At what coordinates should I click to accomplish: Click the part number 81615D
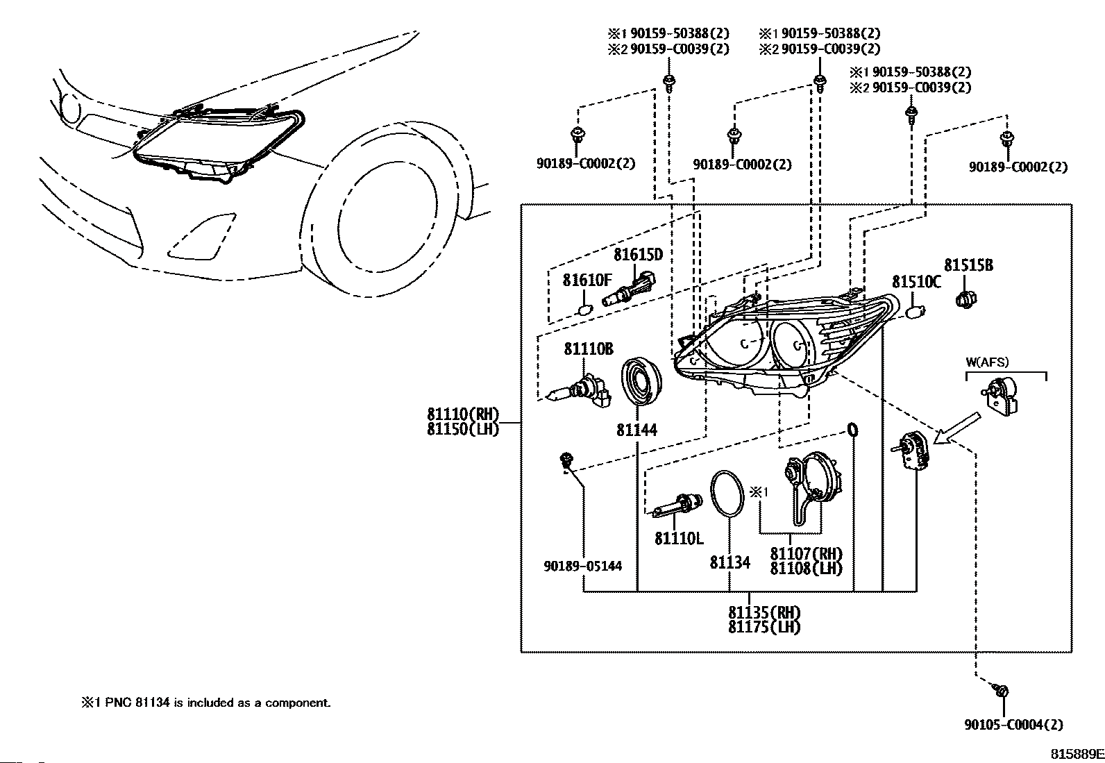point(638,255)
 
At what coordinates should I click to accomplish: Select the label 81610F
point(587,280)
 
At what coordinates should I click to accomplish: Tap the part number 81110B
point(589,349)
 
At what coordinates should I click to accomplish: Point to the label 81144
point(636,430)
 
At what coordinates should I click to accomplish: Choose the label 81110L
point(679,539)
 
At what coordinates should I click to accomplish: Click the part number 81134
point(729,562)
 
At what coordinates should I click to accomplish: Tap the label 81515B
point(969,265)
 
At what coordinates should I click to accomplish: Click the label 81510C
point(916,282)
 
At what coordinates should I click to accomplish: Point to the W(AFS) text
point(987,362)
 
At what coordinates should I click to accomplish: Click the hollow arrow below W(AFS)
point(956,428)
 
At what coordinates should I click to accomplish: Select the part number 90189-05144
point(582,566)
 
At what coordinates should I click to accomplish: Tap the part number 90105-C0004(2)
point(1014,725)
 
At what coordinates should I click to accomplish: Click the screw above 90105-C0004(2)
point(1001,691)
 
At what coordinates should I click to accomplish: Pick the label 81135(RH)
point(764,612)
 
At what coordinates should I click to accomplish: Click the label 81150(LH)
point(463,429)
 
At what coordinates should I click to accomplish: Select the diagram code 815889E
point(1077,753)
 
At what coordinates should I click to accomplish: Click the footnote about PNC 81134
point(205,703)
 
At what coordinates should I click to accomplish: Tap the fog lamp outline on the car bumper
point(201,237)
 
